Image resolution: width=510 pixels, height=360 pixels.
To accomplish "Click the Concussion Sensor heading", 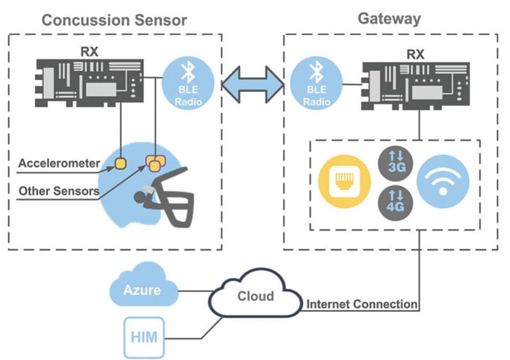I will click(x=114, y=19).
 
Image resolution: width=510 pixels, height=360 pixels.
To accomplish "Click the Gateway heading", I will click(x=389, y=17).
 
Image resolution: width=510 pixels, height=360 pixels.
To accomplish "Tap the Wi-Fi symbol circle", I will click(x=443, y=181).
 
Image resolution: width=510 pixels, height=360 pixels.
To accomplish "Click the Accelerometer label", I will click(x=59, y=163).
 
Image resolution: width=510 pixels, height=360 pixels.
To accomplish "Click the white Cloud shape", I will click(x=256, y=297).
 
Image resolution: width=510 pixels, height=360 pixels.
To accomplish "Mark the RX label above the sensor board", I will click(x=89, y=51).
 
